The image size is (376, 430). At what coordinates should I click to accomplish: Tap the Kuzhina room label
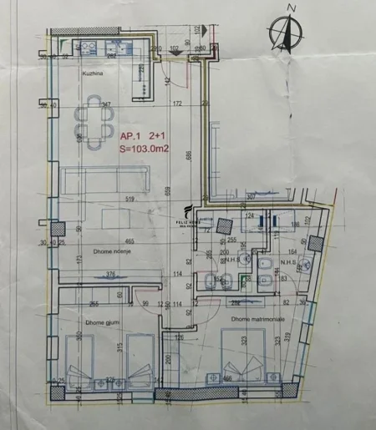[92, 73]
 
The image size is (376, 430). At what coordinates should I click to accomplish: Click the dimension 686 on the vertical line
[191, 155]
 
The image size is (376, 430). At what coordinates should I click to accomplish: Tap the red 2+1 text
[156, 134]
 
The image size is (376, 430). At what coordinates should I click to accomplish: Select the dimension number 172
[176, 104]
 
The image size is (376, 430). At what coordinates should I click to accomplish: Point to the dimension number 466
[226, 378]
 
